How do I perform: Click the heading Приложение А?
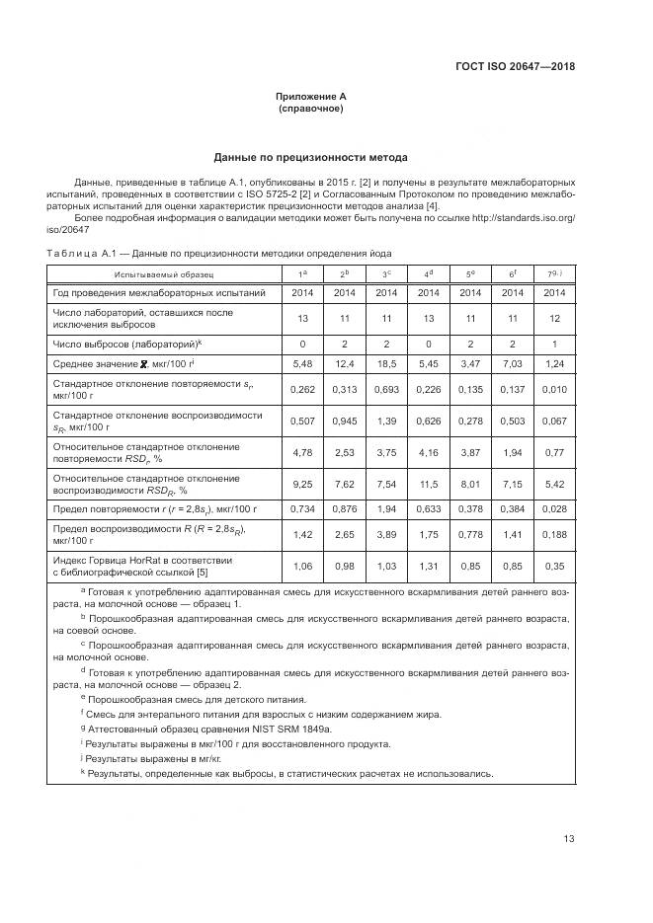click(311, 96)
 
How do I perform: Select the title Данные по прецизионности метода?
click(311, 158)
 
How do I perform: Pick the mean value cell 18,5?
click(386, 364)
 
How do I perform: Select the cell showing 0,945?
click(345, 422)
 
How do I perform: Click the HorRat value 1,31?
click(428, 566)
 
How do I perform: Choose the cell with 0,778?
click(470, 534)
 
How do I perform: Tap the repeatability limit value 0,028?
click(554, 508)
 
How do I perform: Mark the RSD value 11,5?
click(428, 484)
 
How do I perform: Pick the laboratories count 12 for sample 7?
click(554, 318)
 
